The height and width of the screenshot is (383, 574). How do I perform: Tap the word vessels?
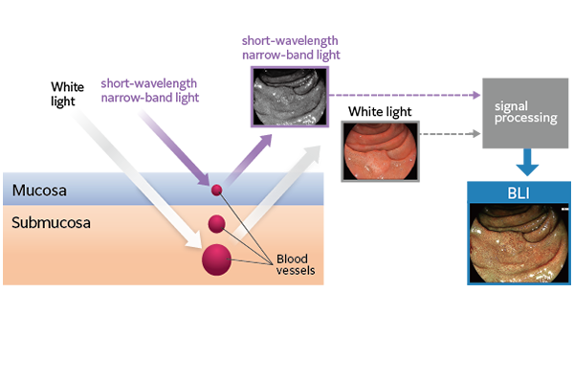point(296,271)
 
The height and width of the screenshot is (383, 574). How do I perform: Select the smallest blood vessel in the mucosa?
point(217,191)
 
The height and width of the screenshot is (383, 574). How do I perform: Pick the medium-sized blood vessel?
point(217,224)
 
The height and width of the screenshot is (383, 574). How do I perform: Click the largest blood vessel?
point(215,259)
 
